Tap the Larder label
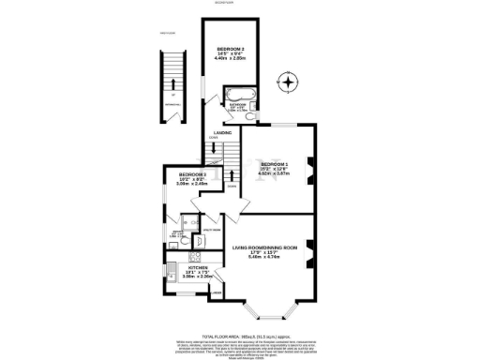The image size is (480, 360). [x=217, y=293]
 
